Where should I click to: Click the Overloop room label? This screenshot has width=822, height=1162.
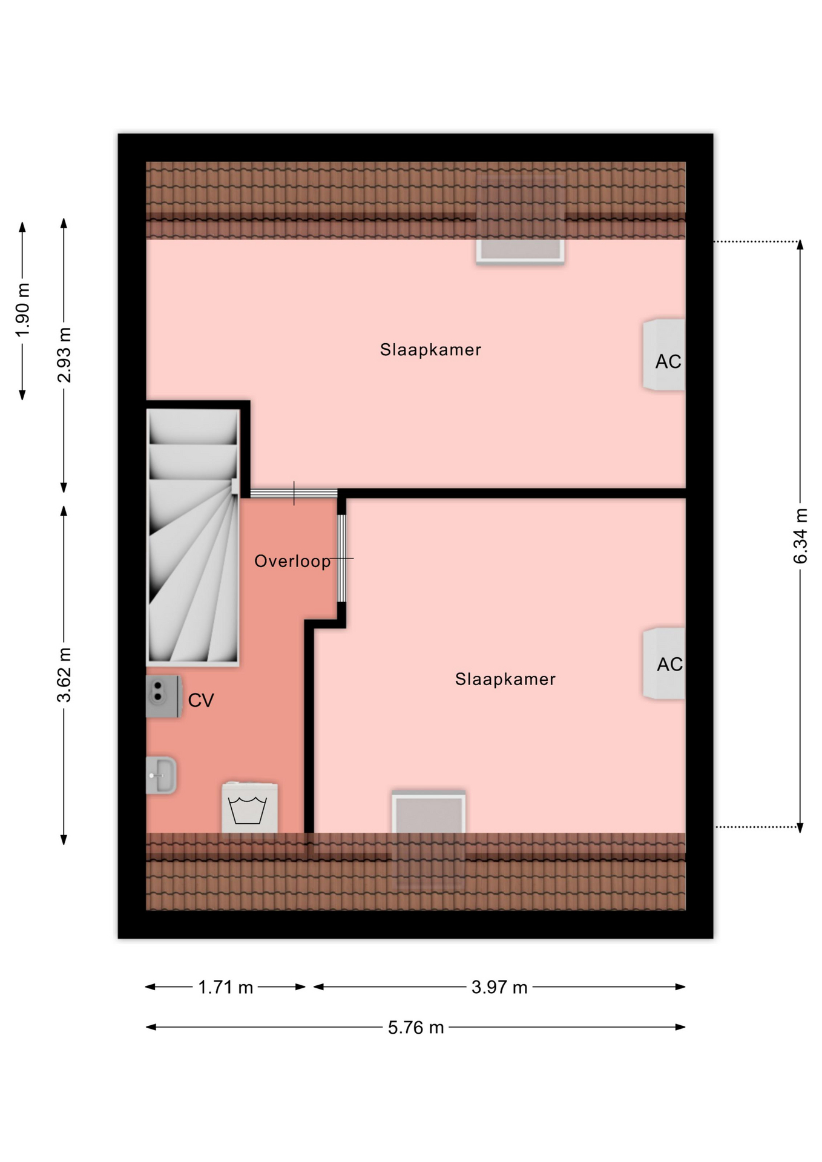pyautogui.click(x=292, y=562)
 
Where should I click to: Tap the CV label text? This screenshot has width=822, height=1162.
pyautogui.click(x=201, y=700)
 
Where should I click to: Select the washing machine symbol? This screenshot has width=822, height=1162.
pyautogui.click(x=249, y=808)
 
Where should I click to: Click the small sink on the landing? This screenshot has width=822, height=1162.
pyautogui.click(x=161, y=775)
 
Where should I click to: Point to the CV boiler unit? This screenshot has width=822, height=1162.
pyautogui.click(x=163, y=697)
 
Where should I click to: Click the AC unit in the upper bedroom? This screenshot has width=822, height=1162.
pyautogui.click(x=664, y=355)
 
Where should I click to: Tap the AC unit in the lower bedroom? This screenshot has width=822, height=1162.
pyautogui.click(x=664, y=663)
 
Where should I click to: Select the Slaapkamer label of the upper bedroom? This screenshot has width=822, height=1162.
pyautogui.click(x=430, y=350)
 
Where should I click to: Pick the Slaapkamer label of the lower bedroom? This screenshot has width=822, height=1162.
pyautogui.click(x=505, y=679)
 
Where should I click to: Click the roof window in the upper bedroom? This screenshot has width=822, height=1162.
pyautogui.click(x=520, y=220)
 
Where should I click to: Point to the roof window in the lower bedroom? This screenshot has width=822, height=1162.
pyautogui.click(x=429, y=839)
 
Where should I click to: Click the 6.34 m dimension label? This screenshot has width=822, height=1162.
pyautogui.click(x=800, y=536)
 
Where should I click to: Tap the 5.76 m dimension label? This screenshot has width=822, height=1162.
pyautogui.click(x=416, y=1028)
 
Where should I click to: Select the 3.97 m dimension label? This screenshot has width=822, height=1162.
pyautogui.click(x=499, y=988)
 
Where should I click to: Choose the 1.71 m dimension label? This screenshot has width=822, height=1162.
pyautogui.click(x=226, y=988)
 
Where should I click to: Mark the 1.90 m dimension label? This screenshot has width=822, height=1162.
pyautogui.click(x=22, y=310)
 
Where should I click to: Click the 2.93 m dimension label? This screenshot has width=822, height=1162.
pyautogui.click(x=64, y=355)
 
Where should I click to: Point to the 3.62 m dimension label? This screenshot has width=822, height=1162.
pyautogui.click(x=64, y=675)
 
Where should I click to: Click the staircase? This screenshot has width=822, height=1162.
pyautogui.click(x=193, y=537)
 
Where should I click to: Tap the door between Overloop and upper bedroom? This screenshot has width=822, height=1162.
pyautogui.click(x=294, y=493)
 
